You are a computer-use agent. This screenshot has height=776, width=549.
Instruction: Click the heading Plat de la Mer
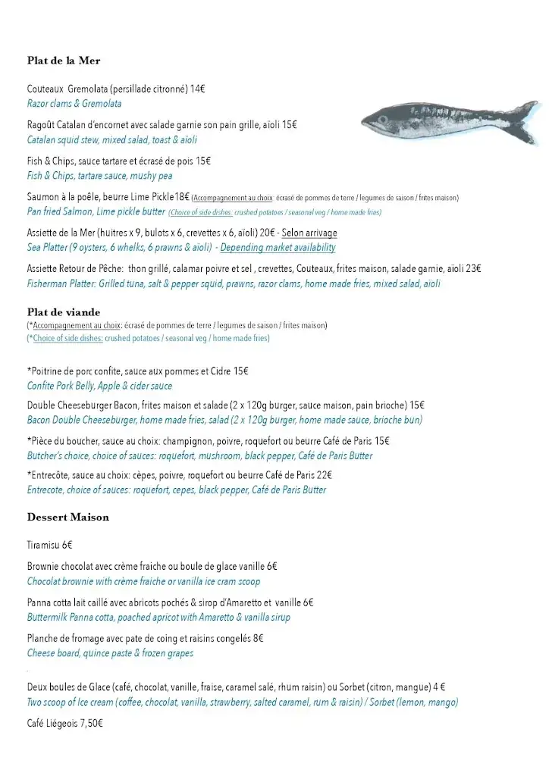tap(64, 61)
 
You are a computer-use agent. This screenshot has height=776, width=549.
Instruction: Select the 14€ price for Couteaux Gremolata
tap(197, 89)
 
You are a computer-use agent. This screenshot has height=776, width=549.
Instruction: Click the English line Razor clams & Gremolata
tap(74, 104)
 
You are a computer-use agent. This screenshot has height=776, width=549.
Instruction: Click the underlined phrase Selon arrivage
tap(309, 233)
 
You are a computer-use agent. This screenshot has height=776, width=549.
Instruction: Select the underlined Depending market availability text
tap(278, 248)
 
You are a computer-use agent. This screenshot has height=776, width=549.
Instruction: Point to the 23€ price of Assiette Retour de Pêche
tap(473, 268)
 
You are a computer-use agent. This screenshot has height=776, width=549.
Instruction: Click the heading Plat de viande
tap(64, 312)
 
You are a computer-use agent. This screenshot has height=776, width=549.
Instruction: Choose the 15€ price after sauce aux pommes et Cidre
tap(240, 371)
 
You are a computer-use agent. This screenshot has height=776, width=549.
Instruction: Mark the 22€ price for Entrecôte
tap(324, 475)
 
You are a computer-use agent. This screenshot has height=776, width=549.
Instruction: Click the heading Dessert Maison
tap(68, 518)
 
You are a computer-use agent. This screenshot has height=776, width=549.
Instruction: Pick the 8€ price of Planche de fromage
tap(258, 638)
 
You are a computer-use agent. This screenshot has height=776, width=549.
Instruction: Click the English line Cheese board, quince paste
tap(110, 653)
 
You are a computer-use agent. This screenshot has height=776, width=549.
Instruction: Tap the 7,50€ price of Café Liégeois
tap(89, 724)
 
